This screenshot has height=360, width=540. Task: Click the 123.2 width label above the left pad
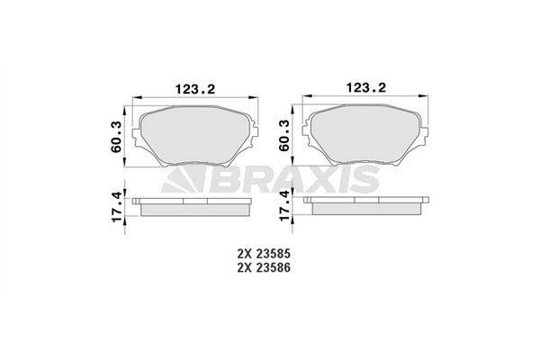(x=194, y=88)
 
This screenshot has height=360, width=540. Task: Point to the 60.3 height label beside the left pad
(x=115, y=135)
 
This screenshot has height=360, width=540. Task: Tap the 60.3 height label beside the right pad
(x=284, y=135)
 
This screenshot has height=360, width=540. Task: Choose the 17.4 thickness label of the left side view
(x=115, y=207)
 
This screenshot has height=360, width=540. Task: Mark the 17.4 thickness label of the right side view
(x=284, y=207)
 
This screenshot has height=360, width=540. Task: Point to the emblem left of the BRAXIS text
(x=183, y=180)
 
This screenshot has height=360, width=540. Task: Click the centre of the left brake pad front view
(x=194, y=135)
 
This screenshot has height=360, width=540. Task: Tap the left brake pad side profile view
(x=194, y=207)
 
